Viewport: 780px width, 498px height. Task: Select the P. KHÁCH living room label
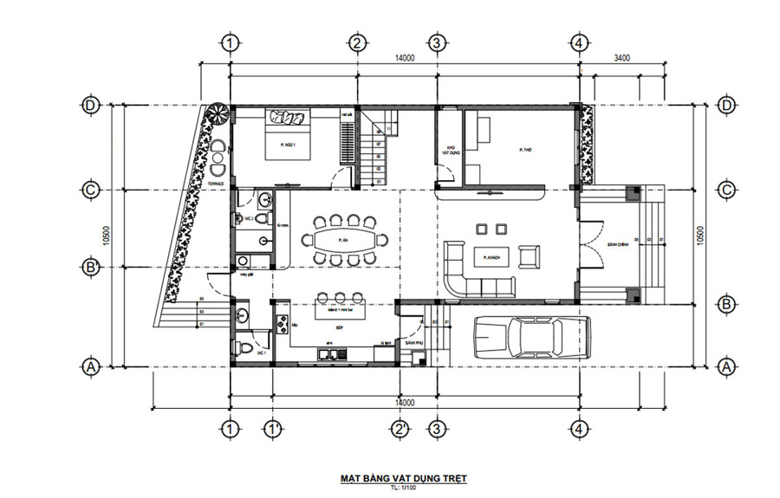(x=487, y=256)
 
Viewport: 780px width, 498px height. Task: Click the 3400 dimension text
(x=621, y=58)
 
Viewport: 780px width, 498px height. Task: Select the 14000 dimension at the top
(x=404, y=58)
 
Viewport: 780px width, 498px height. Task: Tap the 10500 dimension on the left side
(x=106, y=235)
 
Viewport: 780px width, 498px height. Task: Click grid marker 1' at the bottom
(x=272, y=430)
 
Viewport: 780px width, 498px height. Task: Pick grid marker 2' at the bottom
(x=400, y=430)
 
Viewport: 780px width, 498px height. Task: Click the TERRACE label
(x=218, y=184)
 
